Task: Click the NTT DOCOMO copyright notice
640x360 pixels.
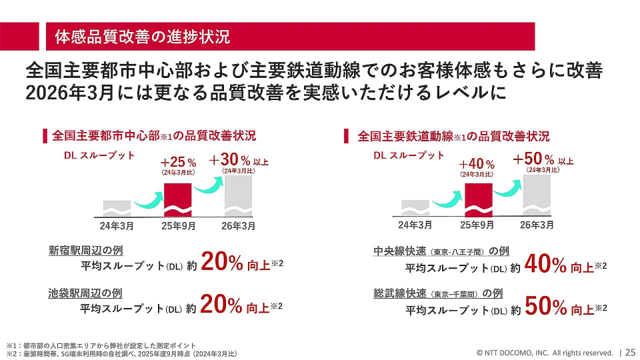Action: (544, 352)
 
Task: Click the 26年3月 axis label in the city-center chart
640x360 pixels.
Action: (238, 225)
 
